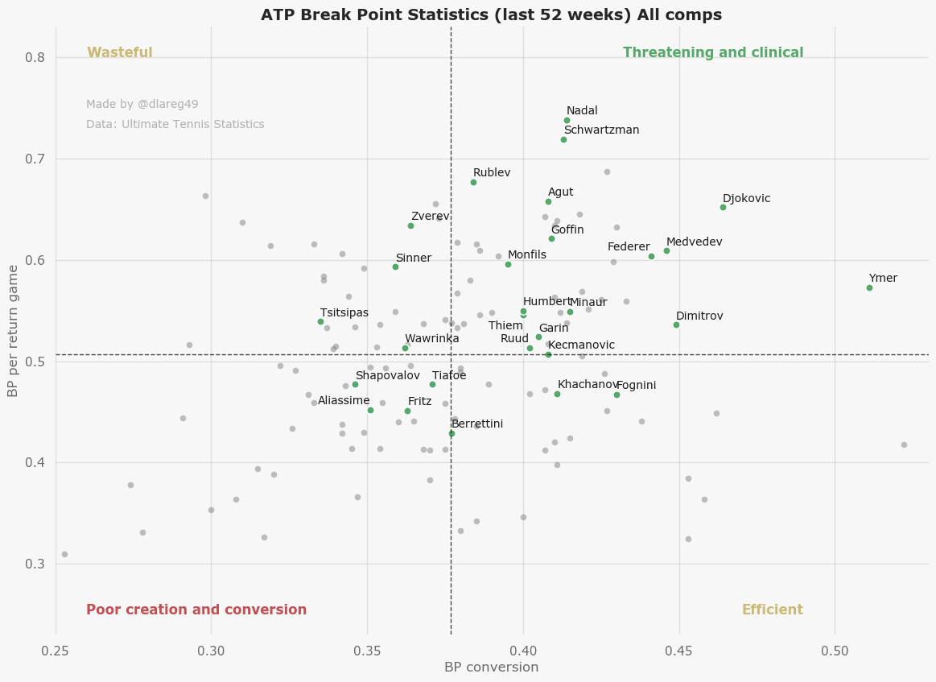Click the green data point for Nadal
click(x=567, y=120)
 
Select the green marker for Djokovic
click(x=723, y=207)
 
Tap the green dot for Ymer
click(x=869, y=287)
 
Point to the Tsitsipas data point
click(x=320, y=321)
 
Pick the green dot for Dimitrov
click(x=676, y=324)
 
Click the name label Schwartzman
click(x=601, y=130)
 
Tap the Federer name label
click(x=629, y=247)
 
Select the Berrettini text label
click(x=477, y=424)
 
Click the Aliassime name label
click(x=344, y=401)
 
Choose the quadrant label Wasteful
click(x=120, y=53)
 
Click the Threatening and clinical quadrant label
click(x=713, y=53)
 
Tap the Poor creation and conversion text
click(x=196, y=610)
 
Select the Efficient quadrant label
click(x=772, y=610)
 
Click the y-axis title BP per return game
click(x=14, y=331)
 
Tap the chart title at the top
click(x=491, y=15)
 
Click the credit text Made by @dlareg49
click(x=142, y=105)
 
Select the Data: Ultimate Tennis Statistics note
click(x=175, y=125)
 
